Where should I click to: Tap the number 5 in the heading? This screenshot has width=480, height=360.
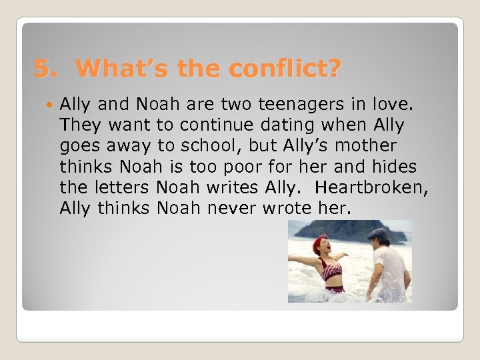click(x=42, y=68)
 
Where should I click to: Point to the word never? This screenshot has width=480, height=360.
click(x=233, y=208)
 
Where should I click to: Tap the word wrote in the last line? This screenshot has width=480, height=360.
click(x=289, y=208)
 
